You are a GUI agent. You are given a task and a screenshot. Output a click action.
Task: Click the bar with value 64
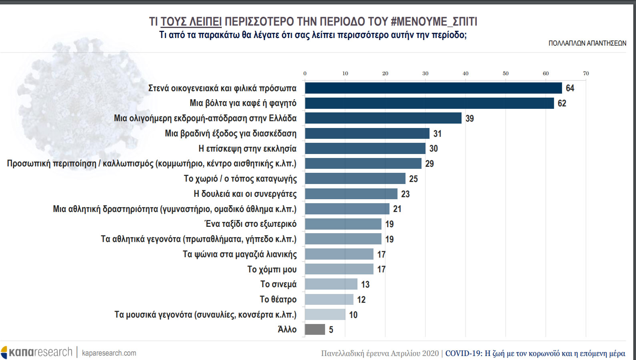(x=433, y=88)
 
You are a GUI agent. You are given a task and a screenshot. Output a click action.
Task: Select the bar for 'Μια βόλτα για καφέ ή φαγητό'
(x=429, y=103)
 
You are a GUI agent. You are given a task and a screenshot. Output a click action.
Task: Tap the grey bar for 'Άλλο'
(x=315, y=330)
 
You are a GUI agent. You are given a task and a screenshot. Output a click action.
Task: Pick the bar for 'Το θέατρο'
(x=329, y=299)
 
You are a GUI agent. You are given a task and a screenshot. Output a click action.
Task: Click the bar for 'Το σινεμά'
(x=331, y=284)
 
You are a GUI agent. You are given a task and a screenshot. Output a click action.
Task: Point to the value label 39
(x=469, y=118)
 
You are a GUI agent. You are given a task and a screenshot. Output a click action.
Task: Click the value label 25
(x=413, y=179)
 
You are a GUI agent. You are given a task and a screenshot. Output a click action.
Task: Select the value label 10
(x=353, y=315)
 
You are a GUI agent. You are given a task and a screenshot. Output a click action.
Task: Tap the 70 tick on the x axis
(x=586, y=74)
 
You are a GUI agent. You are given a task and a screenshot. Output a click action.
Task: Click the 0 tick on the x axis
(x=305, y=74)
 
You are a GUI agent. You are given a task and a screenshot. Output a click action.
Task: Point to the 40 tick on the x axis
(x=465, y=74)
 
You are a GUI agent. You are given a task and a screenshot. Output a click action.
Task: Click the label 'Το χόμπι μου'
(x=272, y=269)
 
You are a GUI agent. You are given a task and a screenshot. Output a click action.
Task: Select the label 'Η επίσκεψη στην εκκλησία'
(x=247, y=149)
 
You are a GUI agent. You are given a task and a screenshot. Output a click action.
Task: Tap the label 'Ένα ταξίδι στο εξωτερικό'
(x=251, y=224)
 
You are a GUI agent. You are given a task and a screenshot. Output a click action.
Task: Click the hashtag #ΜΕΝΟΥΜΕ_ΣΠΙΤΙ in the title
(x=434, y=21)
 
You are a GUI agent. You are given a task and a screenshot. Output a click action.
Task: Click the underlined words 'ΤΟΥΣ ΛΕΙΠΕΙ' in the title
(x=191, y=21)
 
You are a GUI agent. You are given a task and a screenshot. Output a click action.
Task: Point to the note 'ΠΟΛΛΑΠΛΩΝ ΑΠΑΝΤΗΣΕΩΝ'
(x=587, y=43)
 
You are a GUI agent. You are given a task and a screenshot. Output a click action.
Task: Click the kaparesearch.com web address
(x=109, y=353)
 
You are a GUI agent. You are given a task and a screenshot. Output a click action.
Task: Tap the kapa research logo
(x=37, y=352)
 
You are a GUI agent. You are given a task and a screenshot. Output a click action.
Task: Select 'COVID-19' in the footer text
(x=463, y=353)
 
